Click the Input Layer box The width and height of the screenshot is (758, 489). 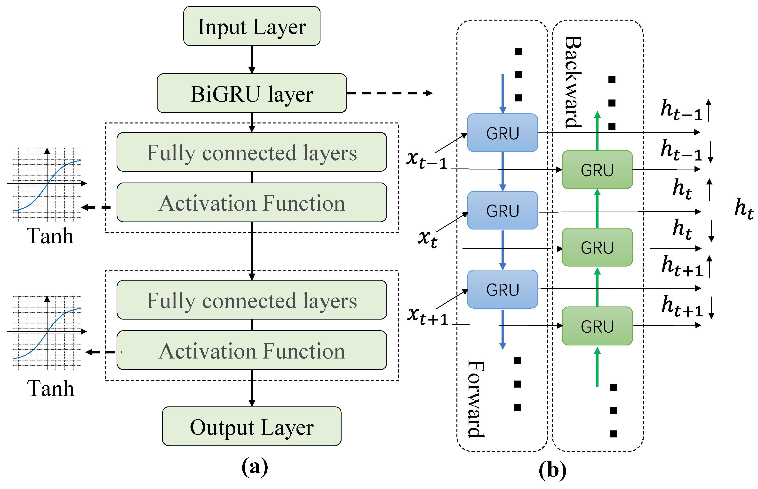pos(252,26)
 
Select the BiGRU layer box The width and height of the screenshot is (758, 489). pos(252,93)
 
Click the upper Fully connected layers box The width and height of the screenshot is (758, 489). pos(252,152)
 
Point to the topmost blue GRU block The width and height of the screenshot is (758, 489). pos(502,133)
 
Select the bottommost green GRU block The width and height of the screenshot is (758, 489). pos(597,326)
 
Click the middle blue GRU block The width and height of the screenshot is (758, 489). pos(502,210)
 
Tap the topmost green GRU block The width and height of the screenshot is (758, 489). pos(597,169)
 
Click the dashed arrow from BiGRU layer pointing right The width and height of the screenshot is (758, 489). pos(390,93)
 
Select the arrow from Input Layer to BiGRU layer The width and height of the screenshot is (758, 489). pos(252,59)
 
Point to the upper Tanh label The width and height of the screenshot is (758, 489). pos(50,236)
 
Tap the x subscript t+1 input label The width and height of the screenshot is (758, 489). pos(427,316)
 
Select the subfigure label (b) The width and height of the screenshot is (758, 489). pos(552,470)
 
